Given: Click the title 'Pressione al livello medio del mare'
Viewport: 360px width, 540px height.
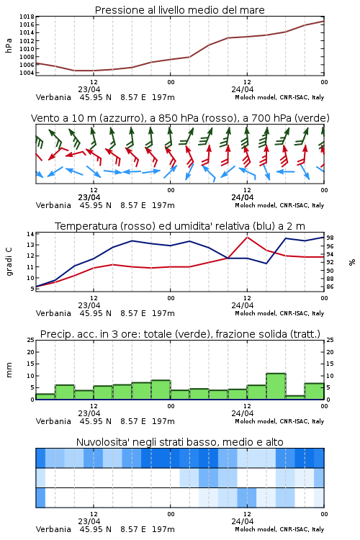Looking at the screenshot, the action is click(179, 10).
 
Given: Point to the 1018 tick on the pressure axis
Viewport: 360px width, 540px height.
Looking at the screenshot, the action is click(27, 17).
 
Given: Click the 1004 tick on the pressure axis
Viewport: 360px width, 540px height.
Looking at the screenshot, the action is click(27, 73).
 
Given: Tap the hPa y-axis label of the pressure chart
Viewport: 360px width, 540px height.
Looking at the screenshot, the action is click(9, 45).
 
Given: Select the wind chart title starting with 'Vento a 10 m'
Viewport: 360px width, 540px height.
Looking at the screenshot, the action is click(180, 118).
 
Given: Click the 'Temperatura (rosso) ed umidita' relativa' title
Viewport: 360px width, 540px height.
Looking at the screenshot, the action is click(180, 226).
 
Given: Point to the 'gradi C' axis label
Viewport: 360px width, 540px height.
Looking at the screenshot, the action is click(9, 261).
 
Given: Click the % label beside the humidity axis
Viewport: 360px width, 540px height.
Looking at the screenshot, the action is click(352, 262).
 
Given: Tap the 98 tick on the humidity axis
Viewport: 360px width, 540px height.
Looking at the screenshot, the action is click(330, 238).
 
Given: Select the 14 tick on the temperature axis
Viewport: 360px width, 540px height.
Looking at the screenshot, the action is click(31, 234).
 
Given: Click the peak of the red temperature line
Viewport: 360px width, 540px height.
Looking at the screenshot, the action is click(247, 237).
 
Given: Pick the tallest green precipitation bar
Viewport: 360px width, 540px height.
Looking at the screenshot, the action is click(276, 387).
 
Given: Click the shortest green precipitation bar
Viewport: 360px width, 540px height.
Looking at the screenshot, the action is click(295, 397).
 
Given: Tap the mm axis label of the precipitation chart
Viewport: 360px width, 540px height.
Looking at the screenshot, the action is click(9, 369).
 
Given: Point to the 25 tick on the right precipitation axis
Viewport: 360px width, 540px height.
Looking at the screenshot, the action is click(330, 340).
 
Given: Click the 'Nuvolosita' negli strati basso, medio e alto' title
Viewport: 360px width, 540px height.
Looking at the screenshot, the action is click(179, 442).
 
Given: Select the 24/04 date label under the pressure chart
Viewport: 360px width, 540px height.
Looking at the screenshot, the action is click(243, 89).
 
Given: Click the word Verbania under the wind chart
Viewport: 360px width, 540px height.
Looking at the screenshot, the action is click(53, 205).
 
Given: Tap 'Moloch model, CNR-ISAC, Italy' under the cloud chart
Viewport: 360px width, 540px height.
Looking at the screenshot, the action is click(279, 529).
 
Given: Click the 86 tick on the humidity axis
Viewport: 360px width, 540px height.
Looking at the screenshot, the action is click(330, 287).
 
